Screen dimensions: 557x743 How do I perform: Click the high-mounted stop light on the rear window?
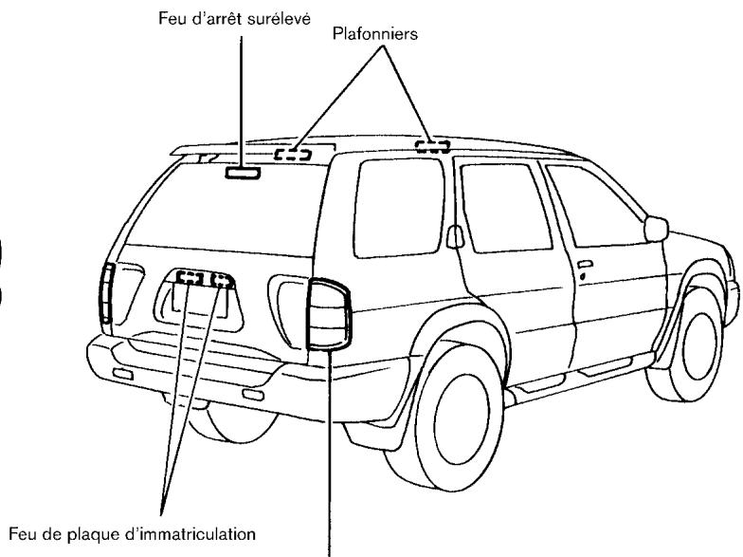click(x=242, y=173)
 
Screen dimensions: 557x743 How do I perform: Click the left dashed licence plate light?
click(x=190, y=279)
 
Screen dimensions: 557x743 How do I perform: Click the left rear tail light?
click(x=107, y=294)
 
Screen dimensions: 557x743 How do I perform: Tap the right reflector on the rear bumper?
click(x=251, y=394)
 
